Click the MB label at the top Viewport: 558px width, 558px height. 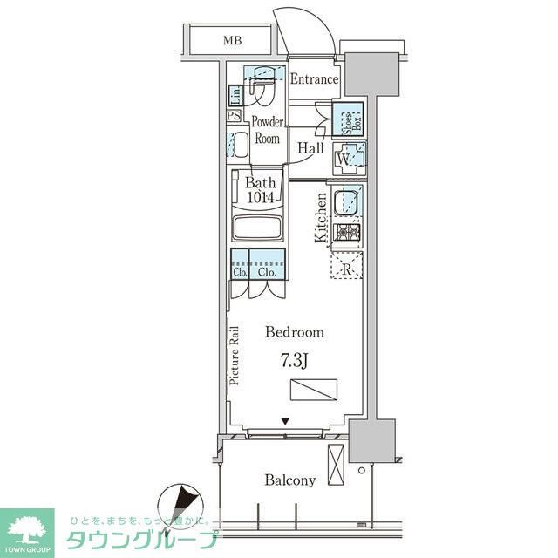[x=231, y=40]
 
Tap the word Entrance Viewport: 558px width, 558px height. [x=313, y=79]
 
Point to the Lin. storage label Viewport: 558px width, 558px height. [x=235, y=94]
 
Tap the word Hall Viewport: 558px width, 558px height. [x=310, y=148]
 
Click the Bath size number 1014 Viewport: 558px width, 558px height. [x=260, y=198]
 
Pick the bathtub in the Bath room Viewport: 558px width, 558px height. [x=258, y=231]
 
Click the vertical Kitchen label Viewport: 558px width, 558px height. [x=320, y=218]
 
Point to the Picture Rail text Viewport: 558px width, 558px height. [x=235, y=356]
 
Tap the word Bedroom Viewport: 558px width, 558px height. [x=294, y=332]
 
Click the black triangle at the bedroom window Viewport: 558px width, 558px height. [x=284, y=424]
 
